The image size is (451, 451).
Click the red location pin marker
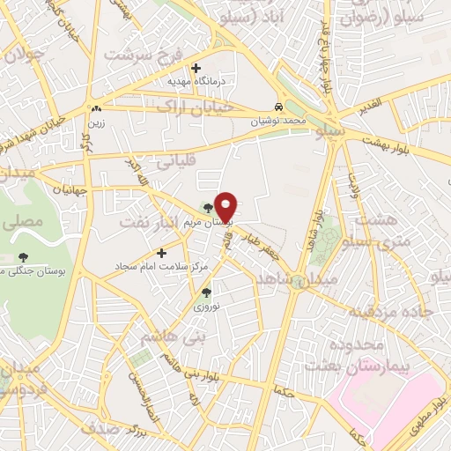tap(226, 206)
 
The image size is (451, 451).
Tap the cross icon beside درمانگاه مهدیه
tap(196, 68)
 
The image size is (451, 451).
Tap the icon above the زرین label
tap(95, 108)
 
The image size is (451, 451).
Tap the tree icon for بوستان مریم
tap(208, 209)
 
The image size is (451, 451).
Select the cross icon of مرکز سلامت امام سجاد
tap(161, 254)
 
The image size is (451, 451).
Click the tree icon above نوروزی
tap(207, 292)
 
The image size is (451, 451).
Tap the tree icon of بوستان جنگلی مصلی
tap(23, 256)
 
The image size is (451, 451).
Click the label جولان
tap(25, 58)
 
